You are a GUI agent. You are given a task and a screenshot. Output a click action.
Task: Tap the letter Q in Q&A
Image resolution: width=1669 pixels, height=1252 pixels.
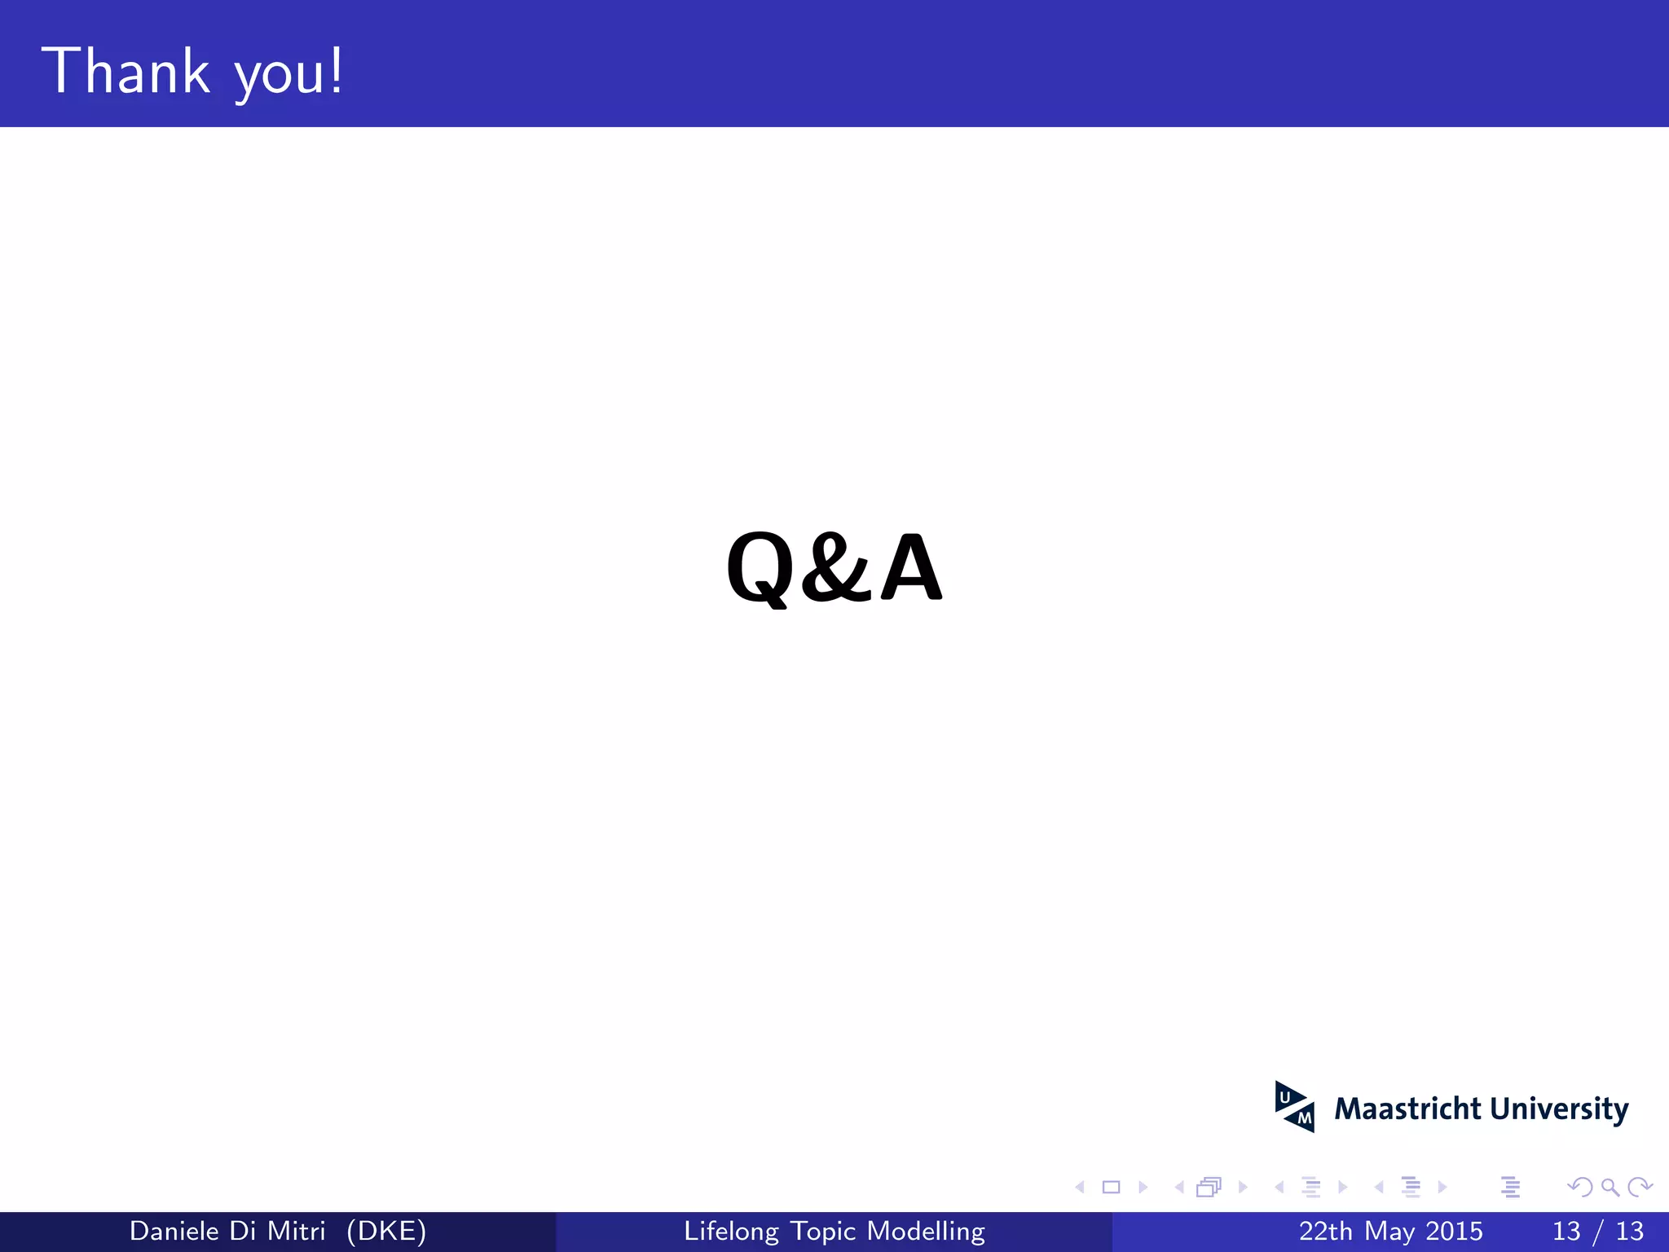[x=760, y=567]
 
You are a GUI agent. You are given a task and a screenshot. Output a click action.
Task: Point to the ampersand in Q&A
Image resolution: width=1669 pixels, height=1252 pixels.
[x=834, y=567]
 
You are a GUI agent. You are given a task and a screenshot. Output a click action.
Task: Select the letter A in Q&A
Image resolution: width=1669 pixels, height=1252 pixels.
[x=911, y=567]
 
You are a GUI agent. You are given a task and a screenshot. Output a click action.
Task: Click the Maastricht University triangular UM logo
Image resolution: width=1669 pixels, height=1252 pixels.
[x=1294, y=1107]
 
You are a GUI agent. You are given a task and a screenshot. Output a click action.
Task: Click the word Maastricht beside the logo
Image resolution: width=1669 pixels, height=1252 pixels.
[x=1407, y=1109]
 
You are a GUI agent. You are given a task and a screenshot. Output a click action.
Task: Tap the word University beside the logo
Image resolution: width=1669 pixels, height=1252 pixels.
[x=1559, y=1109]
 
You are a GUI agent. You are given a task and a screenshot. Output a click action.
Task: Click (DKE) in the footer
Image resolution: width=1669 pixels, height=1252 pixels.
[x=386, y=1231]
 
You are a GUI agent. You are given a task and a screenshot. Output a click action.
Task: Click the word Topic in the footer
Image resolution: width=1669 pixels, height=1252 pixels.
[x=823, y=1231]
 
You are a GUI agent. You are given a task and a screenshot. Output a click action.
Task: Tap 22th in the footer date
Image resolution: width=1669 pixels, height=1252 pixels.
[x=1326, y=1231]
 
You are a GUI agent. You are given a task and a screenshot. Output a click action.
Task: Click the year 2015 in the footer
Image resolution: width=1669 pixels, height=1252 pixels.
[x=1454, y=1231]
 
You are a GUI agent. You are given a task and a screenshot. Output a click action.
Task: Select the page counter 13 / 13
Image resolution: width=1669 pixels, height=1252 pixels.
[x=1598, y=1231]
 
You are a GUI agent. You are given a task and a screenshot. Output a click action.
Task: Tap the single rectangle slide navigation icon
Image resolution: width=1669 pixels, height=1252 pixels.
[x=1111, y=1188]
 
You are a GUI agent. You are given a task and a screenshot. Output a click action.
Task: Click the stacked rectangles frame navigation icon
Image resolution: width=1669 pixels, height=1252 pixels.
[x=1209, y=1188]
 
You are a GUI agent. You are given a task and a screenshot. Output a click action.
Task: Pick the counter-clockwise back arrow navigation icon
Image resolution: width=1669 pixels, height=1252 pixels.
[x=1579, y=1188]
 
